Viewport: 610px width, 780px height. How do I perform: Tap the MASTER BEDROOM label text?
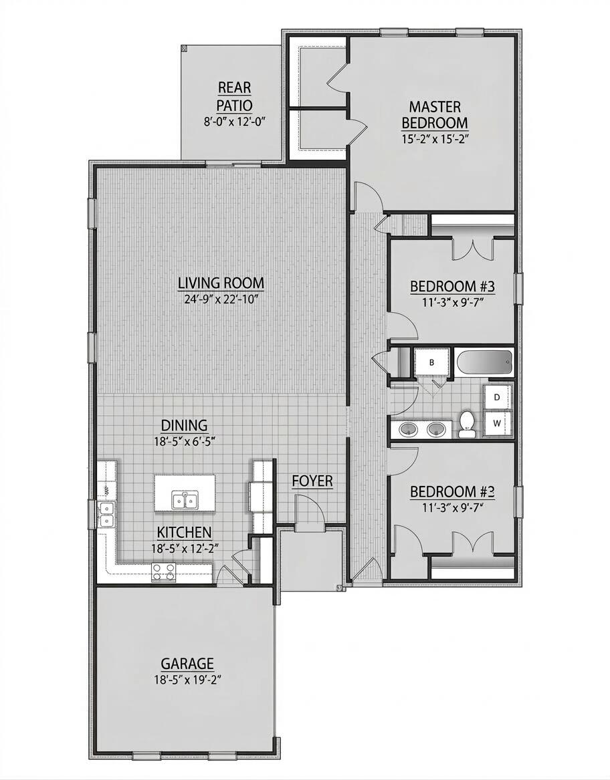(x=434, y=114)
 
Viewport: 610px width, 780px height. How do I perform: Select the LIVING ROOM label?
(x=221, y=283)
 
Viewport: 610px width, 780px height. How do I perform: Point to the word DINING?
(x=184, y=425)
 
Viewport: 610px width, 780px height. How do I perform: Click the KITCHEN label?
(x=185, y=532)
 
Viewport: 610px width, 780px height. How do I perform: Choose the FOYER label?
(x=312, y=481)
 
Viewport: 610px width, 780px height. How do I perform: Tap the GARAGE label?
(x=187, y=664)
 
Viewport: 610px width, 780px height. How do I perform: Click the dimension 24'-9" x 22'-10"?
(x=221, y=299)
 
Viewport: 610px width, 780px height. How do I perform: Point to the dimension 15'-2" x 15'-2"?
(x=434, y=141)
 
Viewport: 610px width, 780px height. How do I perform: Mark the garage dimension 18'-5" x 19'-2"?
(x=187, y=680)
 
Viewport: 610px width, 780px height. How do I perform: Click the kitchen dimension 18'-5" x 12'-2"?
(x=185, y=547)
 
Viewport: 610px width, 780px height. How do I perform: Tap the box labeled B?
(x=431, y=363)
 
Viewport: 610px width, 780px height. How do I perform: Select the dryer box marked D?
(x=497, y=396)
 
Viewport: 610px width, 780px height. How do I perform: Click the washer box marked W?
(x=497, y=422)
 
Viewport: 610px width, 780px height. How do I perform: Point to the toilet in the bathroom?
(x=467, y=423)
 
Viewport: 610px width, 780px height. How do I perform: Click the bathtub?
(x=484, y=363)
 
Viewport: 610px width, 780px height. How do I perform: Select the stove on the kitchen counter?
(x=164, y=571)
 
